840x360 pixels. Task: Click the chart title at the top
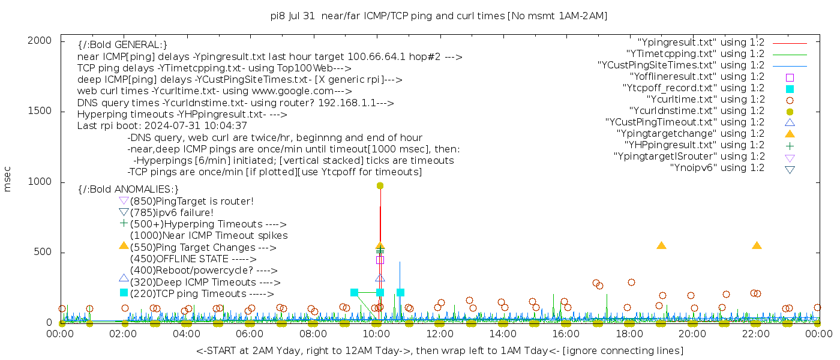pos(439,16)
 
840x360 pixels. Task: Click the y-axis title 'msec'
pos(8,179)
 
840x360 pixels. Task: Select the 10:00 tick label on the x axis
pos(377,334)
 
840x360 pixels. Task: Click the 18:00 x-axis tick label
pos(629,334)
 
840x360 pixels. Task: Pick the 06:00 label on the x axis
pos(250,334)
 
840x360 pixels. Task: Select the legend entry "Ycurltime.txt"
pos(705,100)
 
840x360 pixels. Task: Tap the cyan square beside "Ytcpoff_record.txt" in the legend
pos(790,89)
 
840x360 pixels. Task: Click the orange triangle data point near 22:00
pos(757,245)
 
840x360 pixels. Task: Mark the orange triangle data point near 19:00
pos(661,245)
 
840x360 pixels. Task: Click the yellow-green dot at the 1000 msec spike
pos(380,186)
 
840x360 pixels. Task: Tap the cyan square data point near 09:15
pos(354,293)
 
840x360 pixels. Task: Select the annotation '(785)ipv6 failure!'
pos(172,213)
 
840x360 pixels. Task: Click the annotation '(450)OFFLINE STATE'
pos(179,259)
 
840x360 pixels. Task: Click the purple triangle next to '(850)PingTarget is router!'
pos(124,200)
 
